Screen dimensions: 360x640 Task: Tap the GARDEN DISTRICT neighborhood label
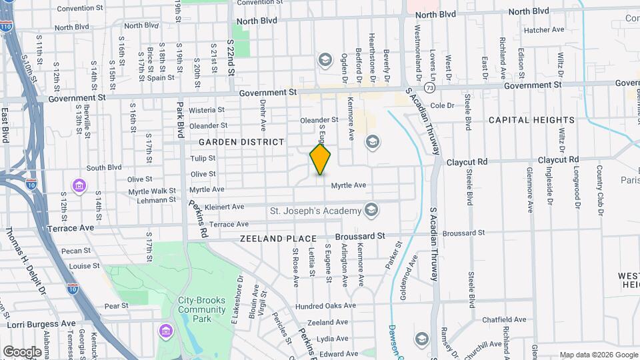point(241,142)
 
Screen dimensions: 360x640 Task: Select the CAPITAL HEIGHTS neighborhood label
point(531,120)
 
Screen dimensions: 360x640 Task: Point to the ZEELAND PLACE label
point(278,238)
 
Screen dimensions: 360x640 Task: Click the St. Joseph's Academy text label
point(315,211)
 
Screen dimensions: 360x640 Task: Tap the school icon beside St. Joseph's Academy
point(371,211)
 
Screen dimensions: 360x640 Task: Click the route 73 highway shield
point(430,88)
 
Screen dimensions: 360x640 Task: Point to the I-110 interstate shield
point(6,27)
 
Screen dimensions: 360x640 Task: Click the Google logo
point(22,351)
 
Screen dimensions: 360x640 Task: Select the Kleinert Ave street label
point(223,207)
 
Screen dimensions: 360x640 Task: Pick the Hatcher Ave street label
point(544,30)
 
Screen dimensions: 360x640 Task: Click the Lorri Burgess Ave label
point(41,323)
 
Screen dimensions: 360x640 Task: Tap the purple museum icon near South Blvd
point(79,184)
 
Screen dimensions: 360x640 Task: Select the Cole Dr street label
point(442,105)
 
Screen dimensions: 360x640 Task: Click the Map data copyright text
point(597,355)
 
